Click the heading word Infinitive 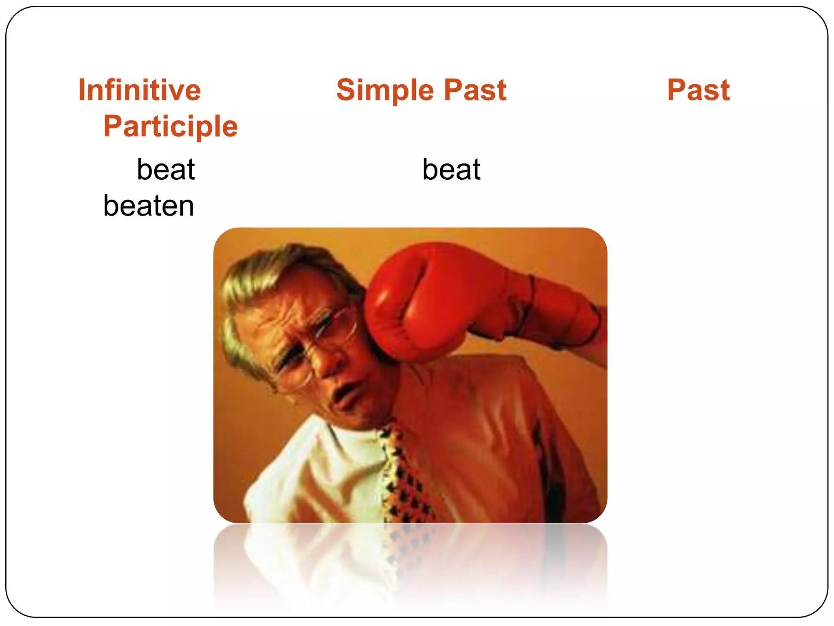[x=140, y=90]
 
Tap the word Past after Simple [x=475, y=90]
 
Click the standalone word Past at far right [x=698, y=90]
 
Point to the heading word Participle [x=170, y=126]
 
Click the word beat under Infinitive [x=166, y=169]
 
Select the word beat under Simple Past [x=451, y=169]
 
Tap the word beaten [x=149, y=205]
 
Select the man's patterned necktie [x=403, y=477]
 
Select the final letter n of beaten [x=186, y=206]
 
